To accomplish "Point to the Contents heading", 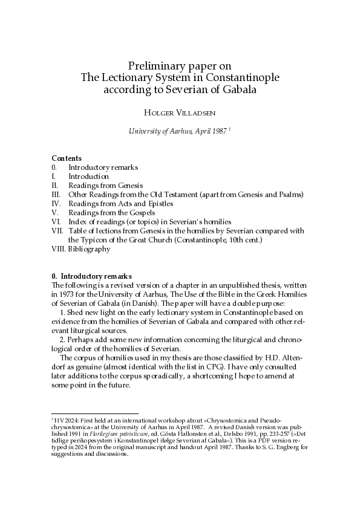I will coord(67,158).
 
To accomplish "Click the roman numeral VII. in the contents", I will coord(58,231).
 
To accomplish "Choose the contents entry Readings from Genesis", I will coord(105,186).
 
